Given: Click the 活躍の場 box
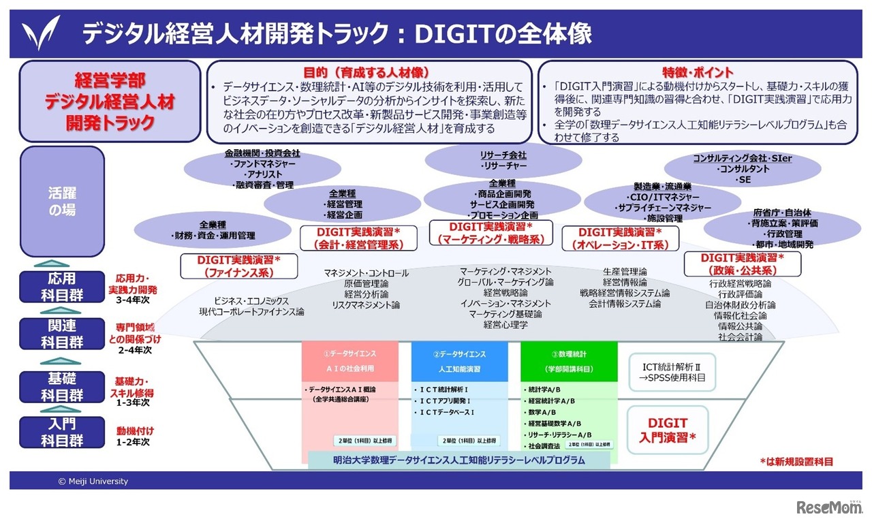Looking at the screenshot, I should coord(62,201).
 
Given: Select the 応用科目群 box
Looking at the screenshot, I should coord(62,287).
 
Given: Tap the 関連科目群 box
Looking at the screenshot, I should coord(62,334).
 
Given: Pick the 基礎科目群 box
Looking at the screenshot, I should coord(62,387).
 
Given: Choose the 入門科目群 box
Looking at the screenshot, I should coord(62,432).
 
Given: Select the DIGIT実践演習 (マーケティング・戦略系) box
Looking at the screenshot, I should coord(491,233).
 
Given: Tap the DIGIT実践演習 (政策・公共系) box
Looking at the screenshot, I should coord(742,264).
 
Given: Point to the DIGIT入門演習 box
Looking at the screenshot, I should coord(667,430).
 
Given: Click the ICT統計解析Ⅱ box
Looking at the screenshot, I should coord(671,372).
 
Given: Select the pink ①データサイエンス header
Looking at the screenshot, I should coord(349,361).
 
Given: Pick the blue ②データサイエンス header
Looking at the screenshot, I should coord(459,361).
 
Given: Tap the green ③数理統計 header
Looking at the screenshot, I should coord(569,361).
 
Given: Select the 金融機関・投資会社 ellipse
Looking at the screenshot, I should coord(262,169).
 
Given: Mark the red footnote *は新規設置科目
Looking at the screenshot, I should coord(796,462).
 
